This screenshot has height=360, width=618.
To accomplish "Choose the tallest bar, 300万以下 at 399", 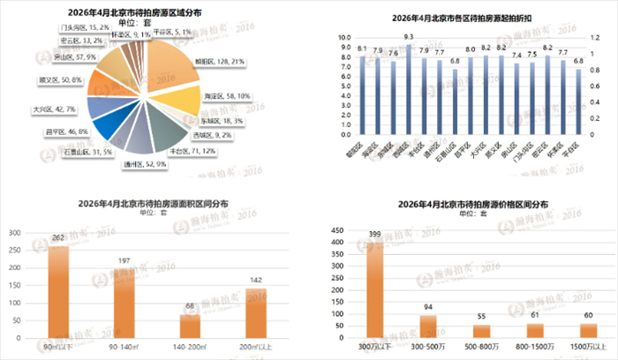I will (x=375, y=296).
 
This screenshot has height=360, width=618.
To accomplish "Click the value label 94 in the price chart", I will (x=428, y=307).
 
